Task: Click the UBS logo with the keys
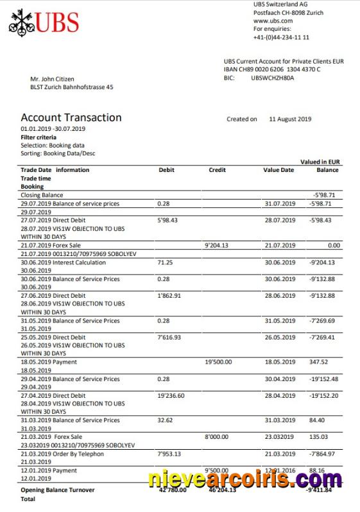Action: click(x=44, y=22)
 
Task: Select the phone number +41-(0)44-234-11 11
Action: click(x=281, y=37)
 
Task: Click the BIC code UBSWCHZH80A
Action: click(x=273, y=78)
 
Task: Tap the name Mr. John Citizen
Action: click(x=52, y=79)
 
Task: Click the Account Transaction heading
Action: click(x=71, y=117)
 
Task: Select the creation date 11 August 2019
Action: click(x=290, y=119)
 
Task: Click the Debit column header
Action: click(x=166, y=170)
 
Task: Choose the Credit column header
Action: click(x=217, y=170)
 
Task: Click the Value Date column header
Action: click(x=279, y=170)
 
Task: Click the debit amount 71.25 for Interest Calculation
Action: click(x=166, y=262)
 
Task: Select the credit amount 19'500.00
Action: click(x=218, y=362)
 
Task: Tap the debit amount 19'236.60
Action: click(x=171, y=396)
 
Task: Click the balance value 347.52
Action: click(x=318, y=362)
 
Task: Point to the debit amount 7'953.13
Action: click(x=169, y=454)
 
